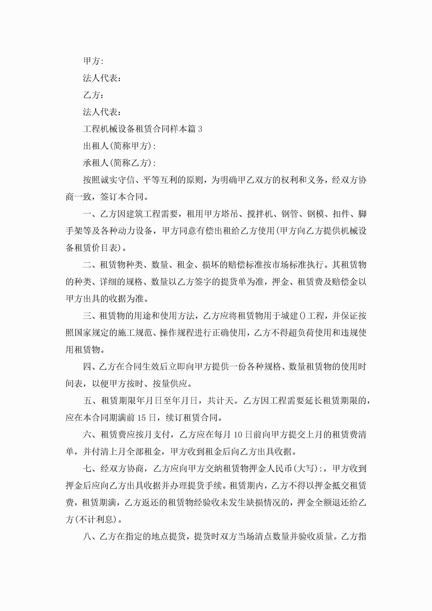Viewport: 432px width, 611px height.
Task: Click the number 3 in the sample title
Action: tap(200, 129)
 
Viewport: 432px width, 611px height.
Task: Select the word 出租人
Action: tap(96, 146)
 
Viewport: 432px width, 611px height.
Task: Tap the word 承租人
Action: tap(96, 163)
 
